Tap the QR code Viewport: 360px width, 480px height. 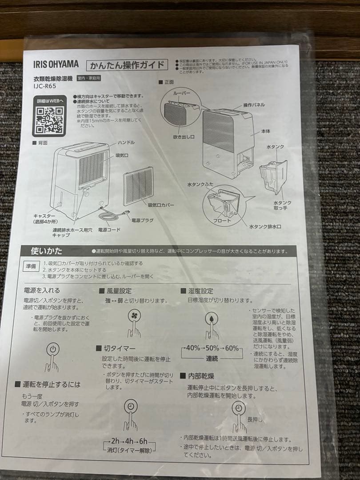click(49, 119)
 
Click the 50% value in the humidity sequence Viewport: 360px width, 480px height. click(212, 348)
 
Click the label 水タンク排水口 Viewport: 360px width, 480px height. click(265, 227)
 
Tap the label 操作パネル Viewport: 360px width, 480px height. click(254, 105)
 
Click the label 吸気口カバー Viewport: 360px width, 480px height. click(160, 205)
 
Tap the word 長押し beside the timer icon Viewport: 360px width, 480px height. click(255, 419)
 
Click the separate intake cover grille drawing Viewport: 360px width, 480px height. click(138, 186)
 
